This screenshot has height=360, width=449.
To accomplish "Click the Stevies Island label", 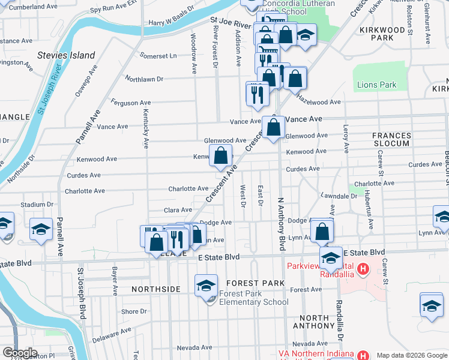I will [x=66, y=55].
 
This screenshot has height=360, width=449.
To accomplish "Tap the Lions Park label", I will [x=378, y=85].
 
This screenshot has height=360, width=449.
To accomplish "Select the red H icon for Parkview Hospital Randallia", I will [x=363, y=269].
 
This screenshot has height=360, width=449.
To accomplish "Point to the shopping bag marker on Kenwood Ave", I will [x=221, y=155].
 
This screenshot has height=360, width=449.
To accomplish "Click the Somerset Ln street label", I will [x=158, y=56].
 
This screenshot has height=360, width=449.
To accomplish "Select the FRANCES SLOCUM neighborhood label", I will [x=391, y=140].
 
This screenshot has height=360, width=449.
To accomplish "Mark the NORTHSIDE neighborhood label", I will [x=156, y=289].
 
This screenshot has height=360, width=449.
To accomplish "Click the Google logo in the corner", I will [x=19, y=353].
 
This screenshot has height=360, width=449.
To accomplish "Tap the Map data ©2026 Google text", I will [x=411, y=355].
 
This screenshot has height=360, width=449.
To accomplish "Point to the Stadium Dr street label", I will [x=33, y=205].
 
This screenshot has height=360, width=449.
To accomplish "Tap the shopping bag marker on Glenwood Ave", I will [x=274, y=128].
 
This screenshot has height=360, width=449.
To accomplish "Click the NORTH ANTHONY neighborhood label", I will [x=310, y=322].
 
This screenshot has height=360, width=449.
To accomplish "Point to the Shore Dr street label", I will [x=131, y=311].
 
